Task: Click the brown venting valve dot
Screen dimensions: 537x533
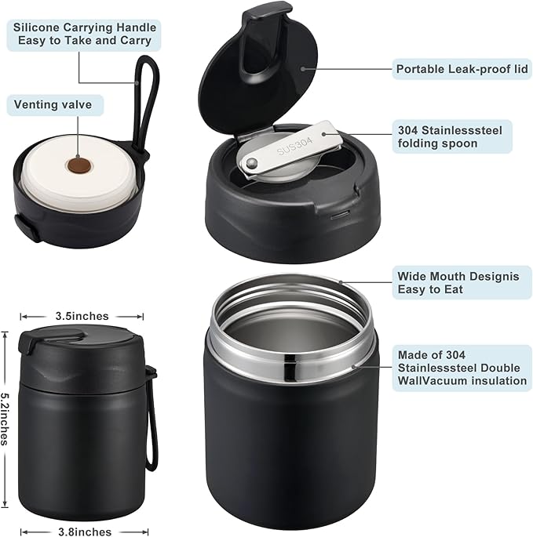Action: [76, 166]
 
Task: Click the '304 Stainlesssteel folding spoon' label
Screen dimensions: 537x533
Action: [454, 136]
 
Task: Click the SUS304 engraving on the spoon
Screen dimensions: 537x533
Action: [294, 144]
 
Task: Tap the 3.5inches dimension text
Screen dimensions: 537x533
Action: [82, 316]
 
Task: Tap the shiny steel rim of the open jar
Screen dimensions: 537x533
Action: [290, 345]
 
